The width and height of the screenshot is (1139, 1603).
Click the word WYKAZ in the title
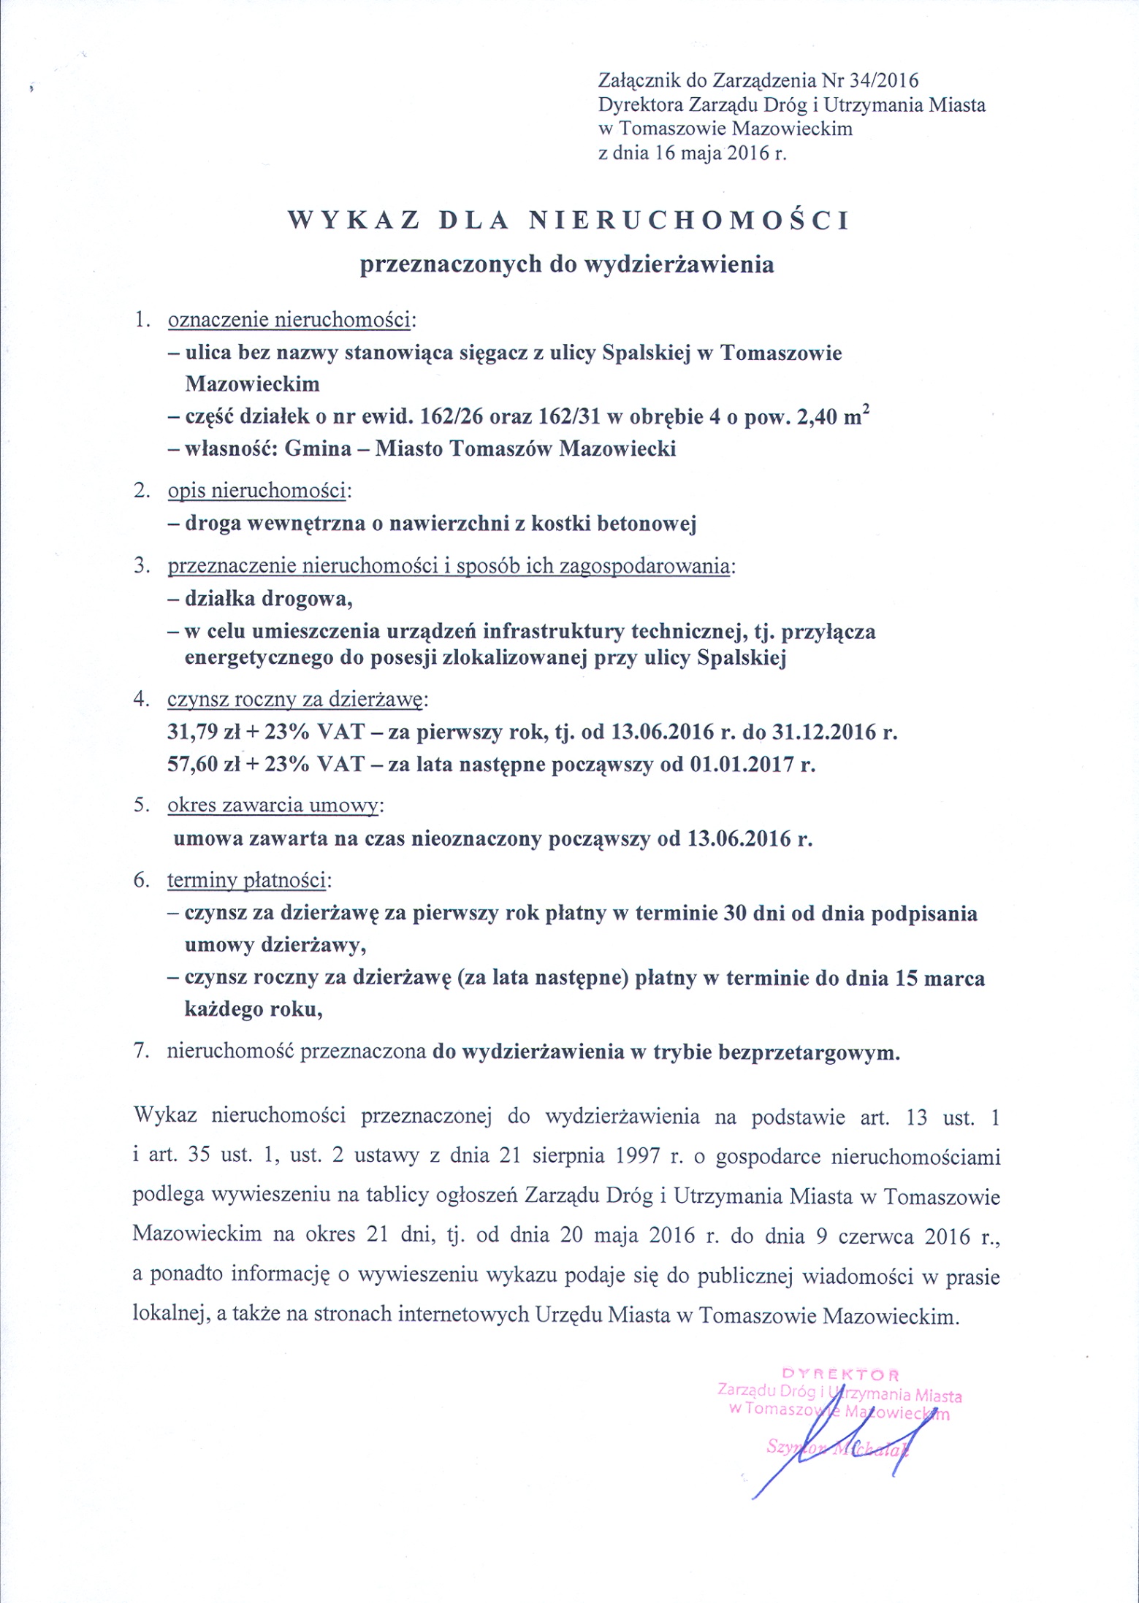pyautogui.click(x=354, y=221)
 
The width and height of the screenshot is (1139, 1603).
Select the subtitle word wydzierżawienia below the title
pyautogui.click(x=679, y=264)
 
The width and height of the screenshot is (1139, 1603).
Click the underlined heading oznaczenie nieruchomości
pyautogui.click(x=289, y=320)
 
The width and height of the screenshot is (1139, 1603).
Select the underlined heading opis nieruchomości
pyautogui.click(x=256, y=491)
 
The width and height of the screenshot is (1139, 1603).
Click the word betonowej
pyautogui.click(x=646, y=524)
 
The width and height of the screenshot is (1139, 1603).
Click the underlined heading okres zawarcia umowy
pyautogui.click(x=273, y=806)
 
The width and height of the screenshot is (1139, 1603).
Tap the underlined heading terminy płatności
pyautogui.click(x=246, y=881)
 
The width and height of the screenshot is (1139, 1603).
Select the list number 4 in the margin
pyautogui.click(x=140, y=699)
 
